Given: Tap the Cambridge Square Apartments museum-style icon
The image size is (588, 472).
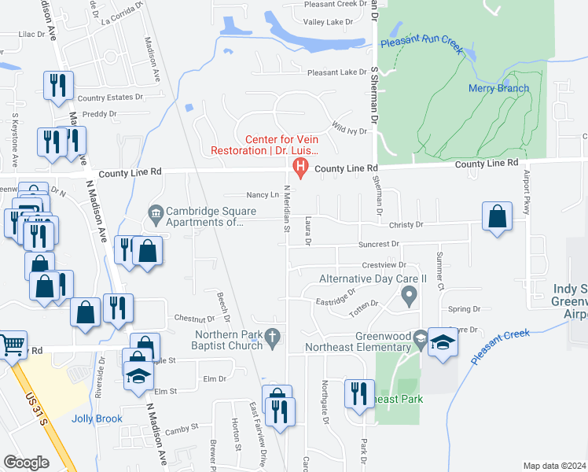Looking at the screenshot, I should click(x=155, y=212).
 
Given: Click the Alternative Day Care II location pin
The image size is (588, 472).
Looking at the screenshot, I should click(x=408, y=297).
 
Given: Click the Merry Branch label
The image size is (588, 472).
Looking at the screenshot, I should click(x=498, y=88).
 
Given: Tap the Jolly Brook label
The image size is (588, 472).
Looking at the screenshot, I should click(x=97, y=419).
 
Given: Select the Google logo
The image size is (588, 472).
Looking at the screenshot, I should click(x=26, y=463).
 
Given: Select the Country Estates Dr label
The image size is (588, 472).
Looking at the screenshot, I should click(x=111, y=98).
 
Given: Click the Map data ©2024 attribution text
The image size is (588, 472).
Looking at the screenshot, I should click(x=554, y=466).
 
